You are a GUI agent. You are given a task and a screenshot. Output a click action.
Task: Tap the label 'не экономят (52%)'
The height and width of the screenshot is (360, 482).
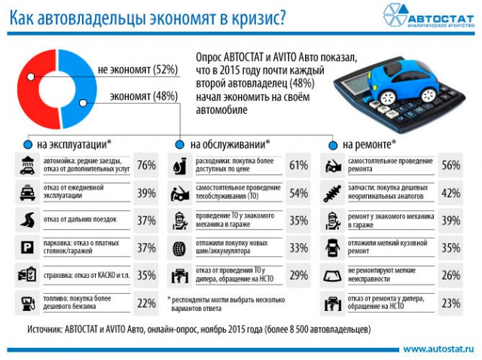[x=137, y=70]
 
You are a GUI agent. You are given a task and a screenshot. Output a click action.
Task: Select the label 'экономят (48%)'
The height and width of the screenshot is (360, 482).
[x=143, y=96]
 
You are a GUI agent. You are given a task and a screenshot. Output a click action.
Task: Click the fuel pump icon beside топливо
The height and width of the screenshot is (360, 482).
[x=28, y=304]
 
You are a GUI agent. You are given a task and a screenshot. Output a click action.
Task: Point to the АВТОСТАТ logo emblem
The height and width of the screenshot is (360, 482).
[x=397, y=14]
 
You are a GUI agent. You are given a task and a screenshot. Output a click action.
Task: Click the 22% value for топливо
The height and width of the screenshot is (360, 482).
[x=146, y=304]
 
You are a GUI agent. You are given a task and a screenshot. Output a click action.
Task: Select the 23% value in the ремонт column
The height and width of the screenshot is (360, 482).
[x=450, y=304]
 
